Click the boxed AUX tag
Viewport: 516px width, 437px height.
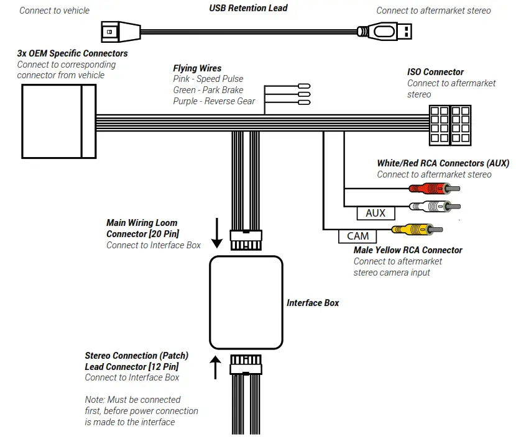375,213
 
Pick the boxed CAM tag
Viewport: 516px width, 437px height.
357,236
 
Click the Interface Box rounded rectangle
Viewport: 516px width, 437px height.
247,302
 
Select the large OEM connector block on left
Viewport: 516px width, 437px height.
59,122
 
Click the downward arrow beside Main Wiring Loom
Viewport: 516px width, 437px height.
216,233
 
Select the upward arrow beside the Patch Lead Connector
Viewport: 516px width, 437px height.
216,367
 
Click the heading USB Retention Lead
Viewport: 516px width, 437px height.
248,8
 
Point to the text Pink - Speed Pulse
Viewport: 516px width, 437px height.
208,79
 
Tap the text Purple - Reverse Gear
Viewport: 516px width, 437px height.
214,101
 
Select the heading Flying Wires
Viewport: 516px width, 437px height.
197,68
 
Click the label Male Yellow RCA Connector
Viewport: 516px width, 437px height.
408,250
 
